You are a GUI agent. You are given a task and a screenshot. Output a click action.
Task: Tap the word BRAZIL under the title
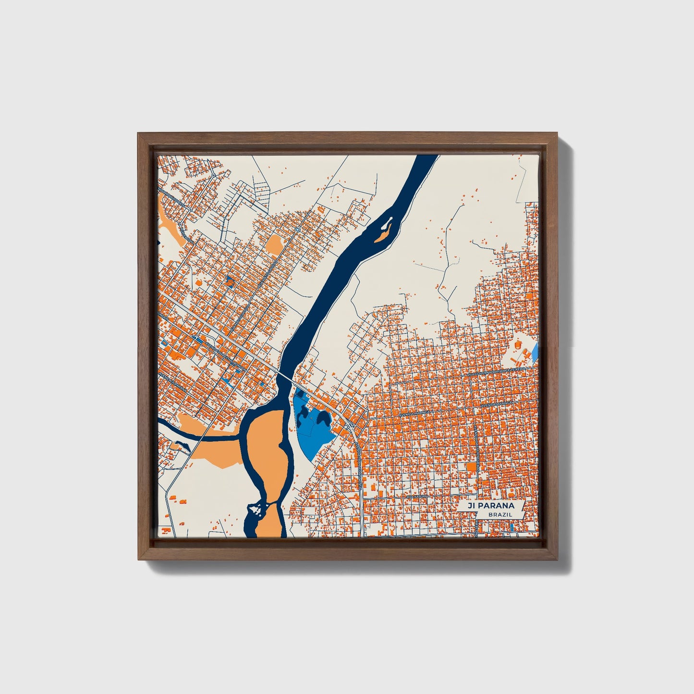[499, 514]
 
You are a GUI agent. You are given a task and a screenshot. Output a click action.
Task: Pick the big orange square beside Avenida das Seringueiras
[472, 467]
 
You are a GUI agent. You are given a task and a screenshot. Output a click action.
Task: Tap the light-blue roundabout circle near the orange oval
[298, 230]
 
